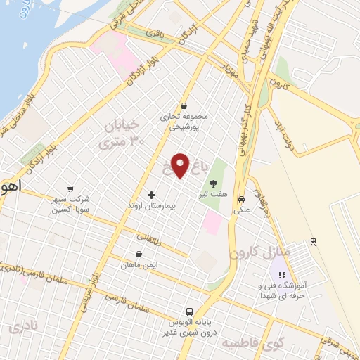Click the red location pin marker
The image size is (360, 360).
(x=181, y=165)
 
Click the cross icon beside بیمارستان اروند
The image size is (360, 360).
(x=151, y=194)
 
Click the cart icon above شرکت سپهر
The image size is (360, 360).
(x=70, y=188)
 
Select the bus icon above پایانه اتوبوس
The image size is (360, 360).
(x=189, y=311)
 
